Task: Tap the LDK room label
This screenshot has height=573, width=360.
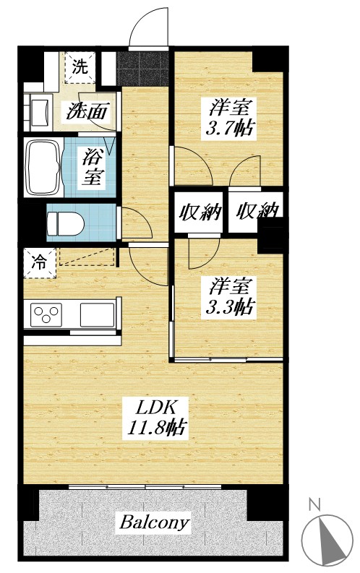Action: tap(153, 406)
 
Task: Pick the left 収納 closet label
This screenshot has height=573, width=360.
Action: tap(199, 212)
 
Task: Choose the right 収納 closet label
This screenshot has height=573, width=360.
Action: tap(257, 212)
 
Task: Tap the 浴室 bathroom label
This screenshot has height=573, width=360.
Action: tap(92, 166)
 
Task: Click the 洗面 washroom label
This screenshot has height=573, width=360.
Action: tap(88, 112)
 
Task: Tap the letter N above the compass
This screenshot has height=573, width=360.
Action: tap(314, 505)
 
